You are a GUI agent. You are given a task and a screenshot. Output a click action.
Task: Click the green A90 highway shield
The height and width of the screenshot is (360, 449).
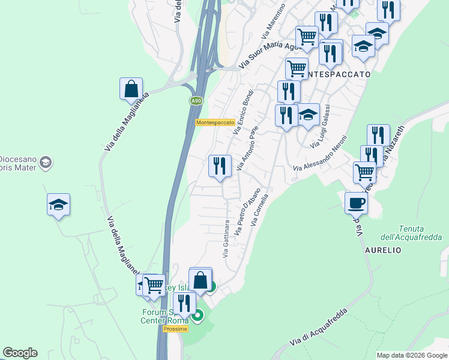(196, 101)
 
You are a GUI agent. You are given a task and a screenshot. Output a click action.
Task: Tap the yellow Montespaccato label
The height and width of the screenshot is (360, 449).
(215, 122)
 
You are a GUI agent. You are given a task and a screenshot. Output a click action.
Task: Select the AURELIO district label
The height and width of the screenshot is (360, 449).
(383, 250)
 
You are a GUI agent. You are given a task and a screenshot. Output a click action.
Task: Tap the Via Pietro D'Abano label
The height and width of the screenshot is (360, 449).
(246, 211)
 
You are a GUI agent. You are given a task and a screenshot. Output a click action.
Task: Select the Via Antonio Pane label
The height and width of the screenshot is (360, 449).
(247, 148)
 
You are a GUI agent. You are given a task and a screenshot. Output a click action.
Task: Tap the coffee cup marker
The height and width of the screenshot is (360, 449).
(357, 203)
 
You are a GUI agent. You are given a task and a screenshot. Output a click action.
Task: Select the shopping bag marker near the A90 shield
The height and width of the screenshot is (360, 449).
(131, 89)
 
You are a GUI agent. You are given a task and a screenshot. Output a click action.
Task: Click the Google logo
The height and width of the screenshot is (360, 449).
(20, 353)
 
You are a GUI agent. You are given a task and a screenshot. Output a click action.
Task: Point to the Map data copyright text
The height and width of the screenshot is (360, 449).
(412, 355)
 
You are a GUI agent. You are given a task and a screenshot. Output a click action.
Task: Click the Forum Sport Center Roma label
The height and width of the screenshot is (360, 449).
(165, 316)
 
